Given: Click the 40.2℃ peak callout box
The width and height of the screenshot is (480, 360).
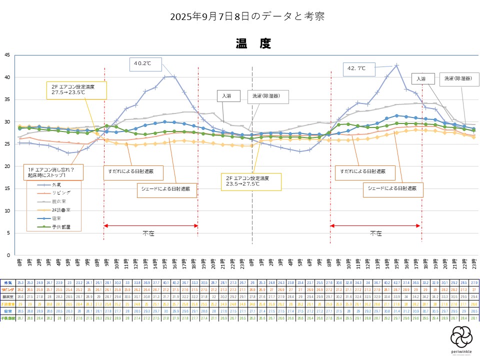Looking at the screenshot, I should tap(145, 63).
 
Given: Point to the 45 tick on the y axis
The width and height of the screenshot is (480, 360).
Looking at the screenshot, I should tap(6, 55).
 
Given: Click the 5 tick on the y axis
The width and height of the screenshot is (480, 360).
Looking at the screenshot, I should tap(8, 233).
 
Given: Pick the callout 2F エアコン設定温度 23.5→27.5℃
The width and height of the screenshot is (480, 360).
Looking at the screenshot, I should tap(251, 181).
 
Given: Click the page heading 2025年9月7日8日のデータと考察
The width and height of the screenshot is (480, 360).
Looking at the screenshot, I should tap(247, 16).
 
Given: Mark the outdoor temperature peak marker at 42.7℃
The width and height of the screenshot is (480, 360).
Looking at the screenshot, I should tap(396, 65).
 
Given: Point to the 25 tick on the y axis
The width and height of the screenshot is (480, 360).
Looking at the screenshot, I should tap(6, 144).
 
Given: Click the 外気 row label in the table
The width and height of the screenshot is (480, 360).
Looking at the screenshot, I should tap(8, 282).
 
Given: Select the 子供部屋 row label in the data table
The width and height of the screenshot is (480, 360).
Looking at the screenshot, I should tap(8, 318).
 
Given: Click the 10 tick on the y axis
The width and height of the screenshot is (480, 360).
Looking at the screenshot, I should tap(6, 210).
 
